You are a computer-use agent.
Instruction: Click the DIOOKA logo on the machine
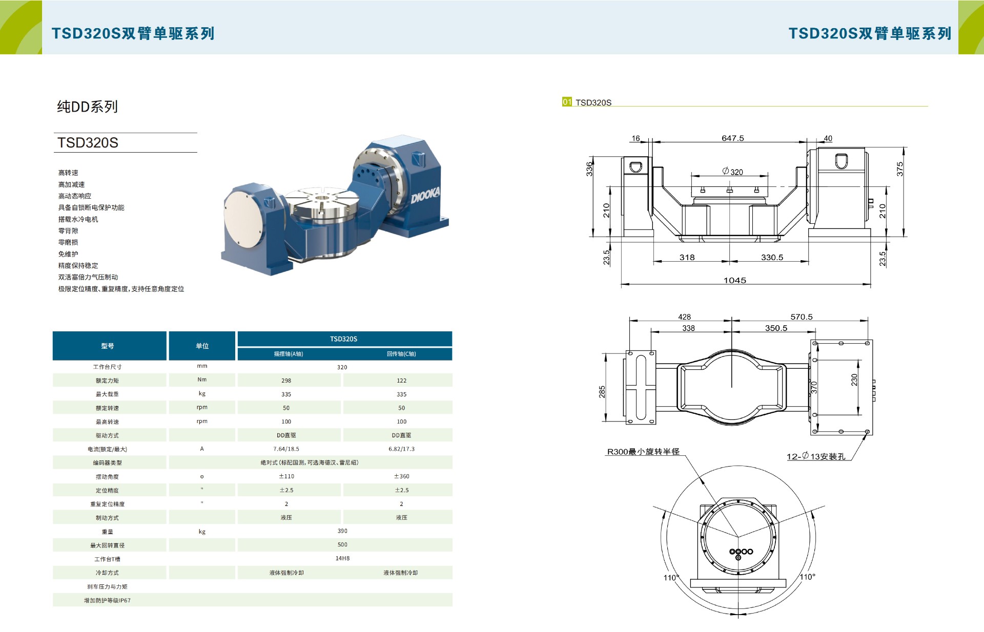[425, 195]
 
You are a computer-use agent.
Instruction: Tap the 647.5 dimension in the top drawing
[732, 138]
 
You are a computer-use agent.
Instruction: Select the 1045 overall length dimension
[734, 280]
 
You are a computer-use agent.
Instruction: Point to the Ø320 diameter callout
[732, 172]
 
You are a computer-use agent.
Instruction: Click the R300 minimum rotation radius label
[643, 452]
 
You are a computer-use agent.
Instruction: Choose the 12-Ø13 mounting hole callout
[815, 456]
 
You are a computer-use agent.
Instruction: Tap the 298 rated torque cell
[286, 381]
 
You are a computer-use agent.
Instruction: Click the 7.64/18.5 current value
[286, 449]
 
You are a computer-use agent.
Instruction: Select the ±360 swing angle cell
[401, 476]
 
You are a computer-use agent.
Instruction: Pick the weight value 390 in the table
[342, 531]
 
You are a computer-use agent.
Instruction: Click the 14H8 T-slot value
[342, 558]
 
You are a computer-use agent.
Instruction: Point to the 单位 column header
[202, 346]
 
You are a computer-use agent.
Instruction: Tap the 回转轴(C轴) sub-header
[401, 354]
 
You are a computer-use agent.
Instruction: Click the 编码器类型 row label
[108, 463]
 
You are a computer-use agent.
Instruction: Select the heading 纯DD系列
[87, 107]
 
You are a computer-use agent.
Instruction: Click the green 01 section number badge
[567, 102]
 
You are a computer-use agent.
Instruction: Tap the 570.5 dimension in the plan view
[801, 317]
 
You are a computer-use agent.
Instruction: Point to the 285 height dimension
[602, 391]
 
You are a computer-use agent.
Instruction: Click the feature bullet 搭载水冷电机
[78, 219]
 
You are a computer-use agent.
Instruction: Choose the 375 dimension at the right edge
[899, 169]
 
